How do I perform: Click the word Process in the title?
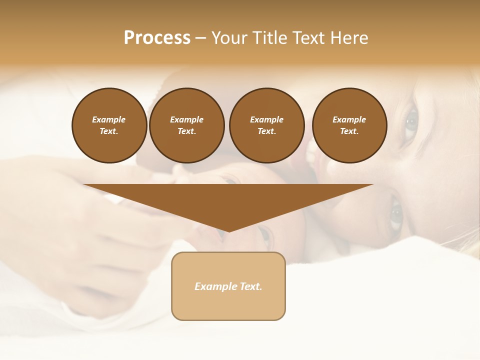[x=157, y=38]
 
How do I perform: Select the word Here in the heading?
[x=348, y=38]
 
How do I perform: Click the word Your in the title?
[x=229, y=38]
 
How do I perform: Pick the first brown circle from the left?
[x=109, y=125]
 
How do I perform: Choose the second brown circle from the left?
[x=187, y=125]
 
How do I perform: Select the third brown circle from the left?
[x=266, y=125]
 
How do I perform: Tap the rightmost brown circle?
[x=349, y=125]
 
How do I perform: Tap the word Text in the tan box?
[x=250, y=286]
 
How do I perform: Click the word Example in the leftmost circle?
[x=109, y=119]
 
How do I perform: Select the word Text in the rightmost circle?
[x=349, y=131]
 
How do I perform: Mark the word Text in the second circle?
[x=186, y=131]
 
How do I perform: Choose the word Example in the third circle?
[x=266, y=119]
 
